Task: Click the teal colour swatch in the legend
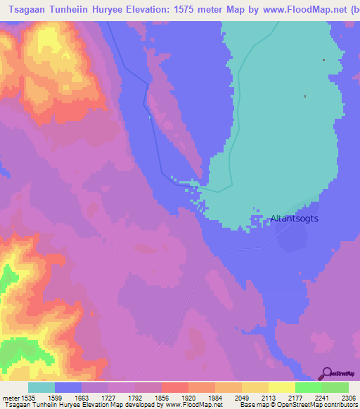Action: (41, 387)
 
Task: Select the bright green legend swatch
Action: (308, 387)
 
